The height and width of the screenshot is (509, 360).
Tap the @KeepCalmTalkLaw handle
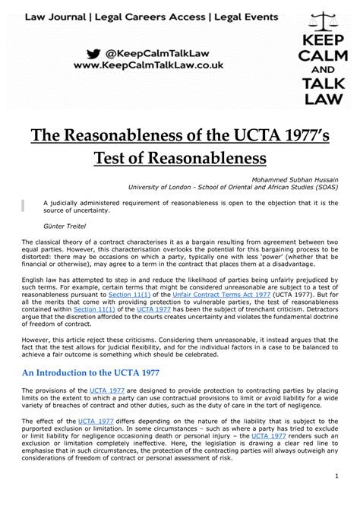coord(159,53)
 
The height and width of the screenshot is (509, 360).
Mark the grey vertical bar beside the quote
coord(24,205)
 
